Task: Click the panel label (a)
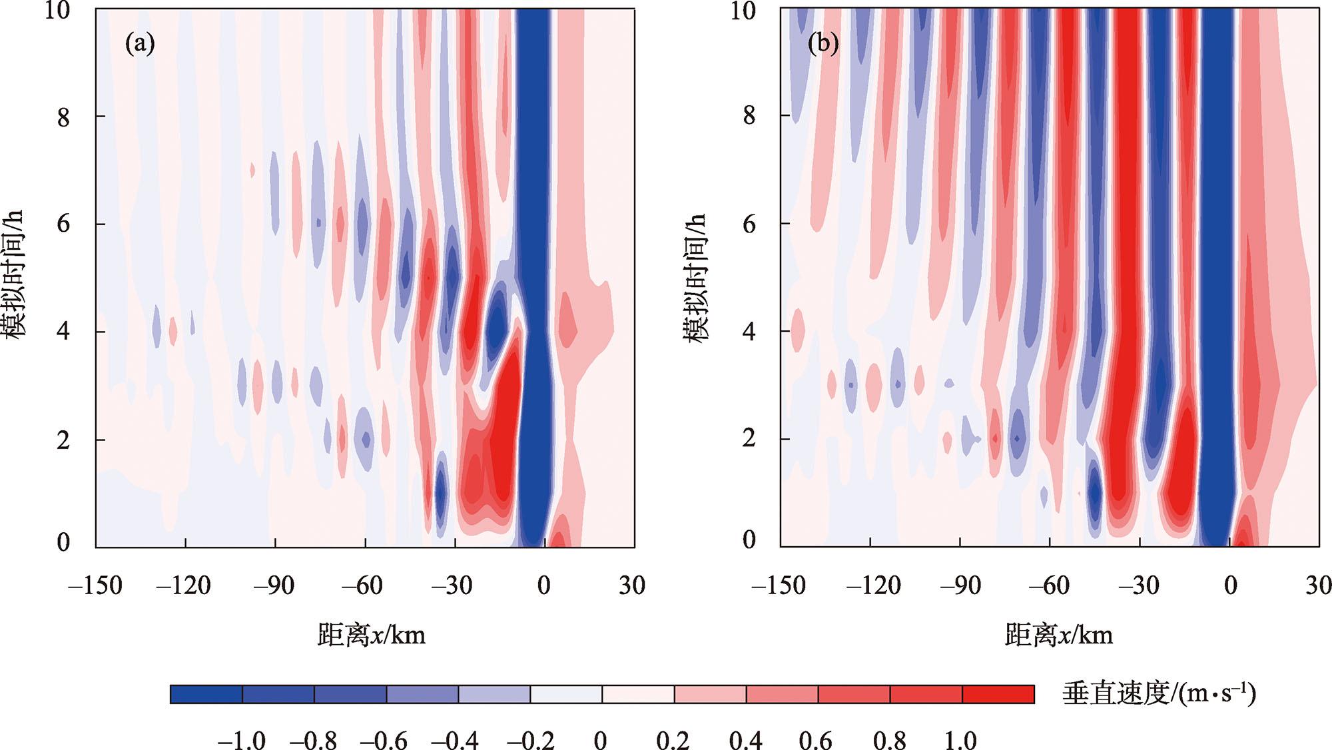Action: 140,44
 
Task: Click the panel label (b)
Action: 823,44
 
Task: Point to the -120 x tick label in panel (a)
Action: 183,586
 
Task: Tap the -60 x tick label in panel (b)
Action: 1049,586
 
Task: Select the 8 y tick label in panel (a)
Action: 63,117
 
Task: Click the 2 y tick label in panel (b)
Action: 749,439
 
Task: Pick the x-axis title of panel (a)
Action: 371,635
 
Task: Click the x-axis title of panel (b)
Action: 1058,635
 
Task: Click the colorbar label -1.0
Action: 240,739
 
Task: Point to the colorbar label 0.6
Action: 815,739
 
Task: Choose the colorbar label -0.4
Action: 454,739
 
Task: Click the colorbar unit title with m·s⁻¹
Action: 1159,694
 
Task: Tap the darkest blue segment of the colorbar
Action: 206,694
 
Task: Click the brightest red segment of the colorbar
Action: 998,694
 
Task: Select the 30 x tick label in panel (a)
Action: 631,586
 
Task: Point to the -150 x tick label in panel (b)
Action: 778,586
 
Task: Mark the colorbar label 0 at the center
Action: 601,739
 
